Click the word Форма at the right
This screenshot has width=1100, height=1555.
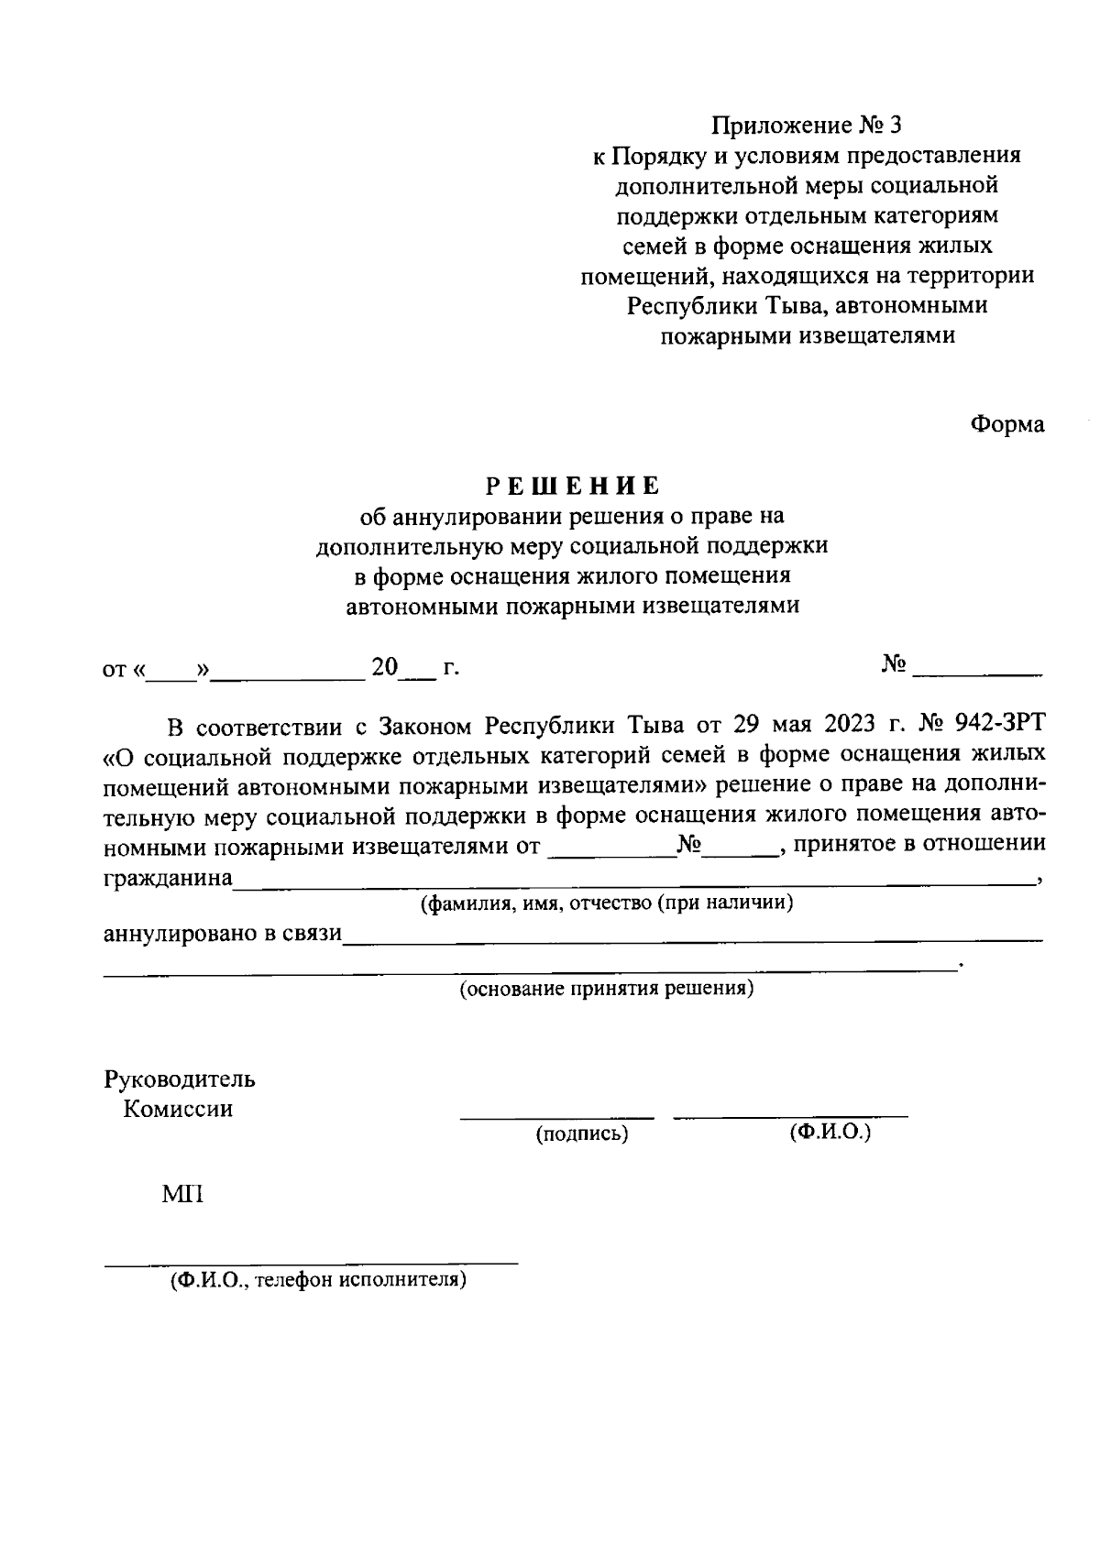pyautogui.click(x=1007, y=424)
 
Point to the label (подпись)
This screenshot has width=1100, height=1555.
pyautogui.click(x=582, y=1134)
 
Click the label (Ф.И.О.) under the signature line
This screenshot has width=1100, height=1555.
pyautogui.click(x=830, y=1132)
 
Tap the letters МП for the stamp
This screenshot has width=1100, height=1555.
pyautogui.click(x=181, y=1195)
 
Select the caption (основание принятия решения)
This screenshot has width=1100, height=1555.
pyautogui.click(x=606, y=989)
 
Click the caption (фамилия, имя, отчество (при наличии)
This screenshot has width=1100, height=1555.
pyautogui.click(x=606, y=903)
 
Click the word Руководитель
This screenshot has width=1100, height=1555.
pyautogui.click(x=180, y=1079)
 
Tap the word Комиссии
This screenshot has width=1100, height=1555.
pyautogui.click(x=178, y=1109)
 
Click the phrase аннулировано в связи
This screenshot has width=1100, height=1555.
pyautogui.click(x=222, y=934)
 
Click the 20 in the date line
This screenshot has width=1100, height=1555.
pyautogui.click(x=385, y=668)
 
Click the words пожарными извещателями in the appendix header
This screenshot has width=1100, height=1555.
pyautogui.click(x=808, y=335)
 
